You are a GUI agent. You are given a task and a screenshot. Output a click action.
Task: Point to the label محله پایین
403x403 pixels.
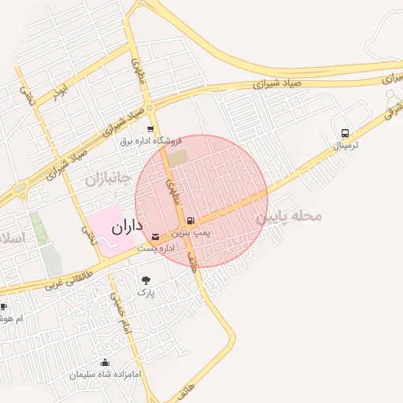click(290, 215)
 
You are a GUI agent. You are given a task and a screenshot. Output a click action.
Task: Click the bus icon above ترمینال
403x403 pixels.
click(344, 134)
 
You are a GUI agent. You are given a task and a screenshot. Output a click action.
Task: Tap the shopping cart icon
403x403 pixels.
click(150, 129)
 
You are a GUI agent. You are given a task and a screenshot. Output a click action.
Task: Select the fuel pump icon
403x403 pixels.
click(192, 220)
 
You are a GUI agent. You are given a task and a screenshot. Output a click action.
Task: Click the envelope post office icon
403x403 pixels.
click(154, 236)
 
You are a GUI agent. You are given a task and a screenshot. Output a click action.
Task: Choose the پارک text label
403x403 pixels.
click(146, 292)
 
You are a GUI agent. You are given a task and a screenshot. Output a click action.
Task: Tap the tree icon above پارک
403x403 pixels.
click(146, 279)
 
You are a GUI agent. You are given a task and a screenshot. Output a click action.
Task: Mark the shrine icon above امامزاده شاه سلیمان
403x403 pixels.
click(105, 363)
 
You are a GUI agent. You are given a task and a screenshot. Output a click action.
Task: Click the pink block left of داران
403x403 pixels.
click(102, 231)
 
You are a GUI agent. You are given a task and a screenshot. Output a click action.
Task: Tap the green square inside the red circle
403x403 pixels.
click(178, 157)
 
